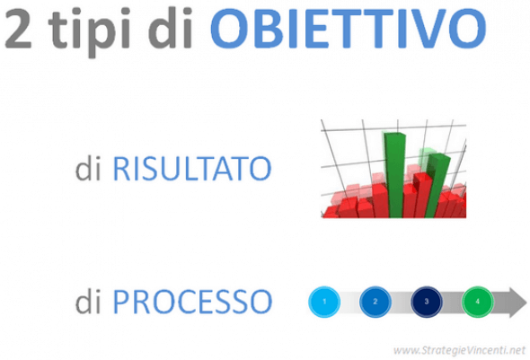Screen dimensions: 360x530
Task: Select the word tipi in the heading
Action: (90, 30)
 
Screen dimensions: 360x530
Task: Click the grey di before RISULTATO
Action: (90, 168)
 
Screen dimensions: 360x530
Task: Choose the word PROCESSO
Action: (191, 301)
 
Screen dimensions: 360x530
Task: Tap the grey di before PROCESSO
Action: (90, 301)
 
